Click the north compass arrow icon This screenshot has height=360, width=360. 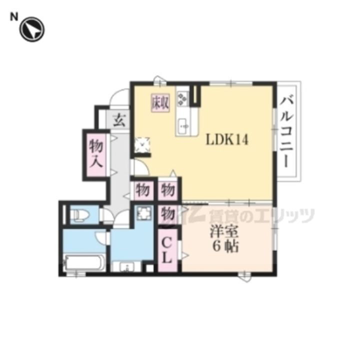32,28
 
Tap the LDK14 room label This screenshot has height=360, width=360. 227,140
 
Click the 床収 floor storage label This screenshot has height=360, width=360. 160,102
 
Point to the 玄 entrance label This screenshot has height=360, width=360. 119,119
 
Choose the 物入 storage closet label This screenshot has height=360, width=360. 96,154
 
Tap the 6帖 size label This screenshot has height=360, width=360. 224,246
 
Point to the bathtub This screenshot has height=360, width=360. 84,261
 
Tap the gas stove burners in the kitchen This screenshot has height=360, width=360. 182,98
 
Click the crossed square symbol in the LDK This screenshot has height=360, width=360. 143,144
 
